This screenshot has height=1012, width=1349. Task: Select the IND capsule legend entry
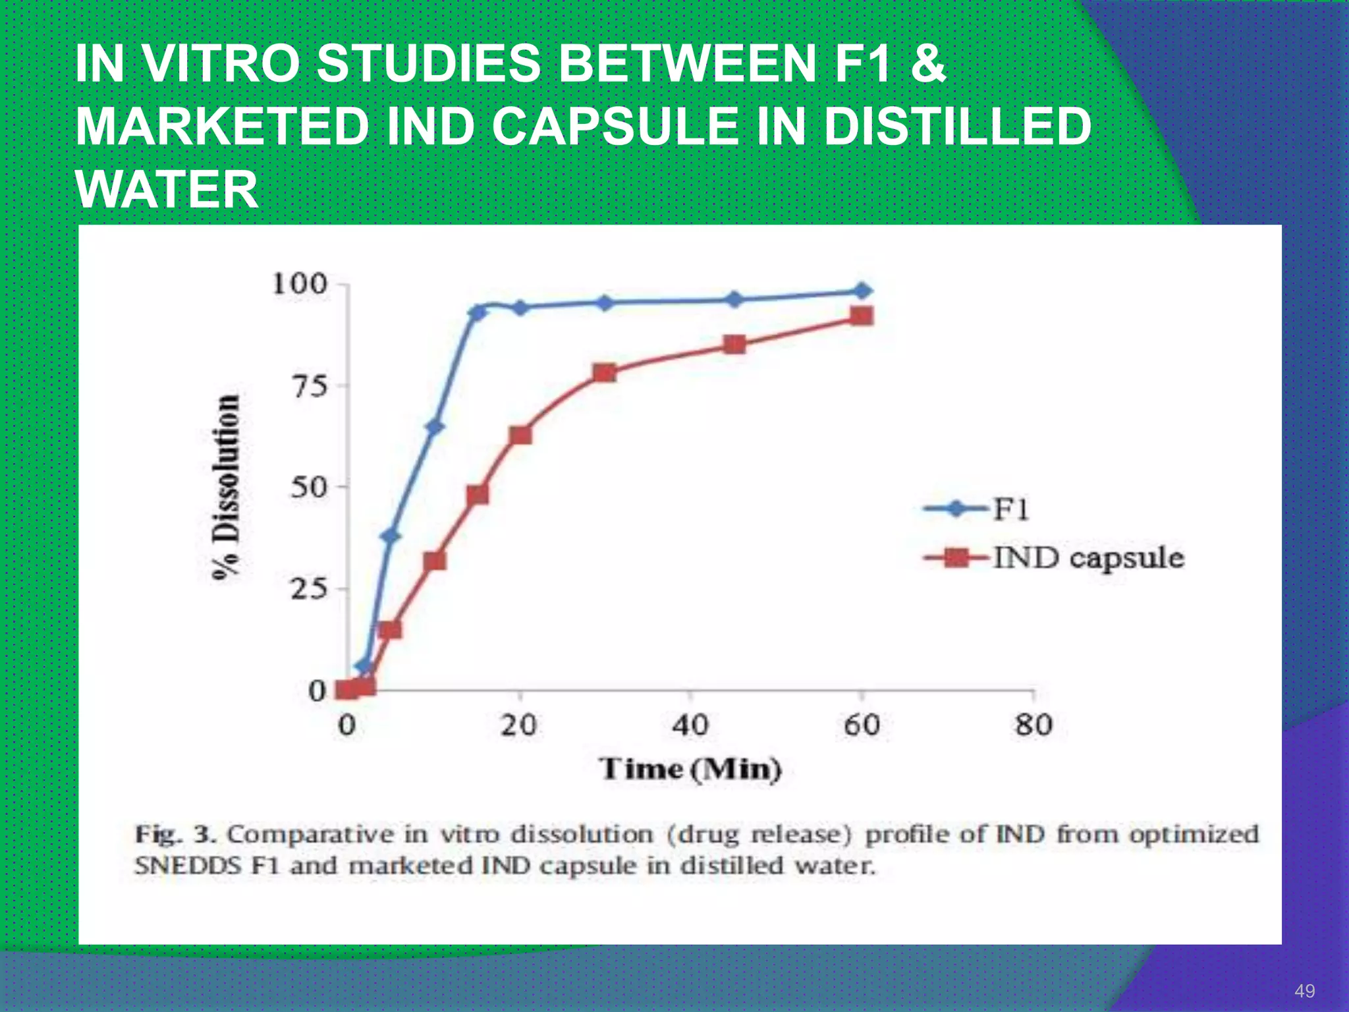(1054, 559)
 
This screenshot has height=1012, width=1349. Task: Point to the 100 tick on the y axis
(300, 285)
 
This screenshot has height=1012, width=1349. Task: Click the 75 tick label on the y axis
(309, 386)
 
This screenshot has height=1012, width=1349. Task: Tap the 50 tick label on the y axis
(309, 488)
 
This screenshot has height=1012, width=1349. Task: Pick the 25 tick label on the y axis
(309, 589)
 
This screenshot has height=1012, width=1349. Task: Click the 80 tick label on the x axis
(1033, 725)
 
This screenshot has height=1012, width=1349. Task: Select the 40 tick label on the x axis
(690, 725)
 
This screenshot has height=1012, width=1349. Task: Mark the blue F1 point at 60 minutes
(862, 291)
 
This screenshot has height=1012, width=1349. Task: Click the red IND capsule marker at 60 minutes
(862, 316)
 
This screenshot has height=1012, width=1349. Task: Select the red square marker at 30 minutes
(604, 373)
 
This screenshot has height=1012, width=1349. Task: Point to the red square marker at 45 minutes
(734, 345)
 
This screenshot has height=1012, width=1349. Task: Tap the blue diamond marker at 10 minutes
(435, 427)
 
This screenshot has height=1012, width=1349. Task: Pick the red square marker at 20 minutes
(520, 436)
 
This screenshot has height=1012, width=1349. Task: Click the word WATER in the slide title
(167, 190)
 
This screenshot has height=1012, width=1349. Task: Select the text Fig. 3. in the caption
(175, 835)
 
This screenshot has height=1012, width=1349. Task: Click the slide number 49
(1305, 991)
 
